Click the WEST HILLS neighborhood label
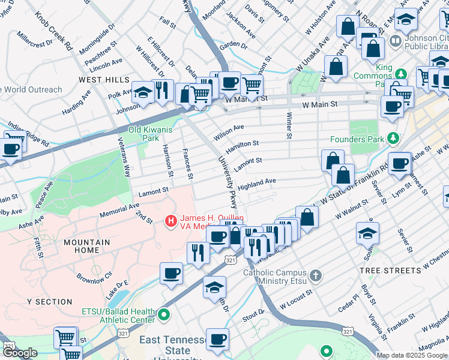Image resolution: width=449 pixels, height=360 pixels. [103, 80]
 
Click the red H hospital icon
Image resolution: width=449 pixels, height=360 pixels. [171, 221]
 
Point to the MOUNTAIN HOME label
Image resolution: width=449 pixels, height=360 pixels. [87, 246]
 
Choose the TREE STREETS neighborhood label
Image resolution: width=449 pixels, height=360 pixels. [390, 271]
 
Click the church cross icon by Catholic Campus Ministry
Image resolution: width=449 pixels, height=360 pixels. [316, 277]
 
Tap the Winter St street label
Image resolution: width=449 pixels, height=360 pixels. [289, 126]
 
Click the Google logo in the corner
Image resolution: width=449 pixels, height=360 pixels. [20, 353]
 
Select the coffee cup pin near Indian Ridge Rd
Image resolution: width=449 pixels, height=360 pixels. [10, 148]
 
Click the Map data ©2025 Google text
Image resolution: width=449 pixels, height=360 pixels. [412, 355]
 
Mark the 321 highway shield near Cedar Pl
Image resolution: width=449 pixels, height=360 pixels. [348, 331]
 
